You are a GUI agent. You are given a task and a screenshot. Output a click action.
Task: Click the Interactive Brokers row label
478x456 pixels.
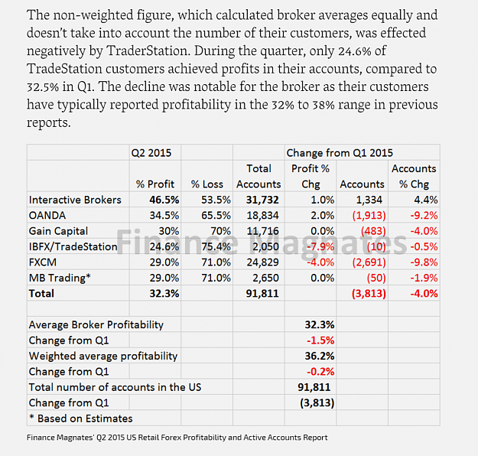click(x=75, y=200)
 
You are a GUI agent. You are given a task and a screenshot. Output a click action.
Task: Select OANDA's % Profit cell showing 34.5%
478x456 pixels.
click(x=164, y=215)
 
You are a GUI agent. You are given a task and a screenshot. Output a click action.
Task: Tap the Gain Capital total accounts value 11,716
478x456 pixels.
click(x=262, y=231)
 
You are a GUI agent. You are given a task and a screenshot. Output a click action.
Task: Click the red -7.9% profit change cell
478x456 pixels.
click(x=320, y=246)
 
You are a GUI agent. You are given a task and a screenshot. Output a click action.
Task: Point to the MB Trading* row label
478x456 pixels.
click(x=60, y=278)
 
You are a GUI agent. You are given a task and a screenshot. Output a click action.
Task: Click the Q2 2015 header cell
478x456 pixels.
click(x=151, y=152)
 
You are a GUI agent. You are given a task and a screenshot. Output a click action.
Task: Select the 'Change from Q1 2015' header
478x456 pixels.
click(x=340, y=152)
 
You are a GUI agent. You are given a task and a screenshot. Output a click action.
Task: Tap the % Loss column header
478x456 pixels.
click(x=207, y=184)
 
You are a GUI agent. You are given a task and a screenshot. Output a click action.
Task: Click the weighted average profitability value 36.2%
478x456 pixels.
click(x=320, y=356)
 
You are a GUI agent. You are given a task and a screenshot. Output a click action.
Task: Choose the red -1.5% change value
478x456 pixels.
click(x=320, y=340)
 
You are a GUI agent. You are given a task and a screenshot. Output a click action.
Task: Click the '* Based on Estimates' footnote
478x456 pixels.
click(x=81, y=419)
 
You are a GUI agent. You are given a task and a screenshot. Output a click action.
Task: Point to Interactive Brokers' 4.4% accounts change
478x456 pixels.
click(x=425, y=200)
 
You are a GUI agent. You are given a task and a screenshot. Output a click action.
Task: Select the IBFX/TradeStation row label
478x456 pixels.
click(x=73, y=246)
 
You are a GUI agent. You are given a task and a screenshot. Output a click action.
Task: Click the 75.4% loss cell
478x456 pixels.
click(x=216, y=246)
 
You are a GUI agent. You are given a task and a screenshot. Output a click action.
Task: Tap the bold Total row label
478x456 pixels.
click(x=41, y=294)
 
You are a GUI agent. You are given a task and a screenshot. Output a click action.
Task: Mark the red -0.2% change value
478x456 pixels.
click(x=320, y=372)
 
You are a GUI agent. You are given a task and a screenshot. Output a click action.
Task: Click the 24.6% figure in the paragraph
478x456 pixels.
click(x=355, y=51)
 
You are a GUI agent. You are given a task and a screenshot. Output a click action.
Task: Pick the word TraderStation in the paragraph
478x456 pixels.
click(x=148, y=51)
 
